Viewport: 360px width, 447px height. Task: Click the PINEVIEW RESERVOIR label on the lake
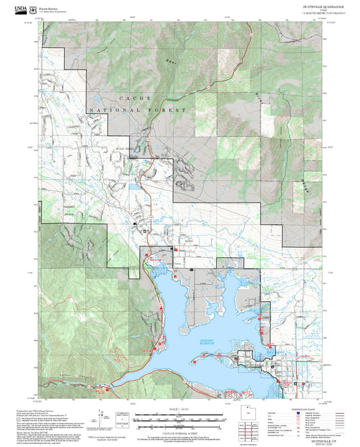[x=208, y=342]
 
